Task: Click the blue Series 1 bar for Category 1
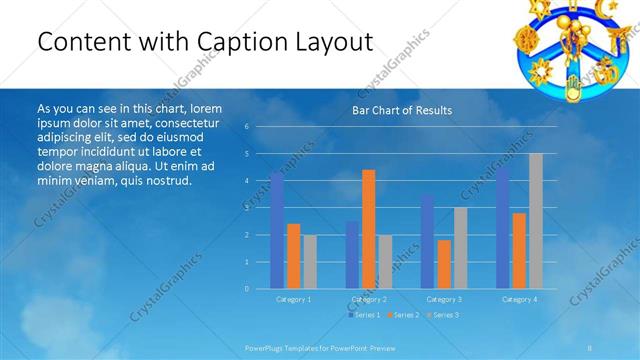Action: (277, 231)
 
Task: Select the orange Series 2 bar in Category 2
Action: (369, 229)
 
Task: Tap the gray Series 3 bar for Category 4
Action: (536, 221)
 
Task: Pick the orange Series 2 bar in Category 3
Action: (444, 264)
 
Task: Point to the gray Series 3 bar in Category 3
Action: (460, 248)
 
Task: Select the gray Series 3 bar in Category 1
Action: (310, 261)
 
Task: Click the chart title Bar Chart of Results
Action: (401, 110)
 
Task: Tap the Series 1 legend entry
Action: (364, 315)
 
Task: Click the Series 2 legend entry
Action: (403, 315)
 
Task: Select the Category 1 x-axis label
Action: (293, 299)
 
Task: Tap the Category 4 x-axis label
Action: (518, 299)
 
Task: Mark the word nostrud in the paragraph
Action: (166, 181)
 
